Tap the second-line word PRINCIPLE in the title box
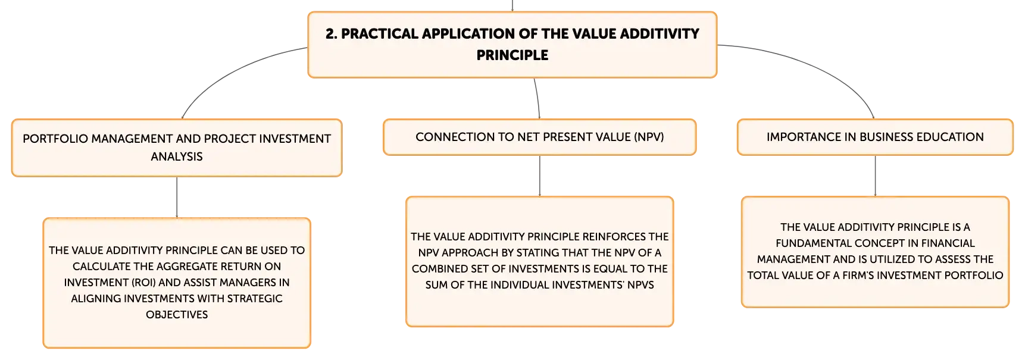(x=512, y=55)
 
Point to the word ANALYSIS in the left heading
(x=177, y=156)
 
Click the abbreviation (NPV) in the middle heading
(x=649, y=137)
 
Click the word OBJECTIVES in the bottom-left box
(x=177, y=315)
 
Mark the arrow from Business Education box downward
(x=875, y=176)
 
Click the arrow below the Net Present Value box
(x=540, y=176)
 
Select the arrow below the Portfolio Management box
(x=177, y=198)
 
